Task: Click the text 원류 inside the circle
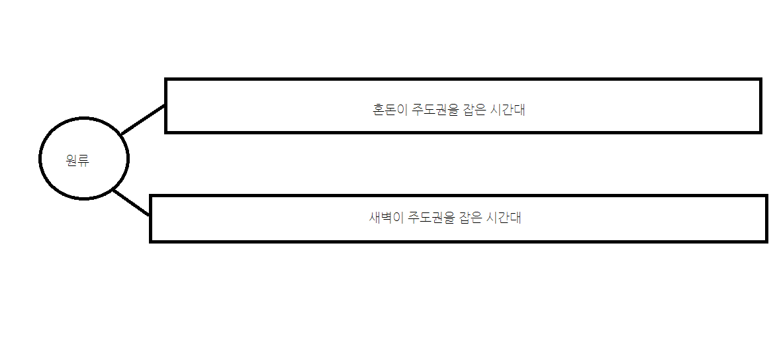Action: coord(77,159)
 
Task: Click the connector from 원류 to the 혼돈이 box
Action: coord(143,120)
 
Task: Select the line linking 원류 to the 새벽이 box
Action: coord(132,202)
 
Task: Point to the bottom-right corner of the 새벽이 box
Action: coord(766,241)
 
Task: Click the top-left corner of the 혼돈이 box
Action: coord(166,80)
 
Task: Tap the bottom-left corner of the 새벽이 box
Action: coord(152,241)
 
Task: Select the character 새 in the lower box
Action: coord(375,218)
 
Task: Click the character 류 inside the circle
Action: coord(83,159)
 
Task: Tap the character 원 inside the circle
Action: coord(72,159)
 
